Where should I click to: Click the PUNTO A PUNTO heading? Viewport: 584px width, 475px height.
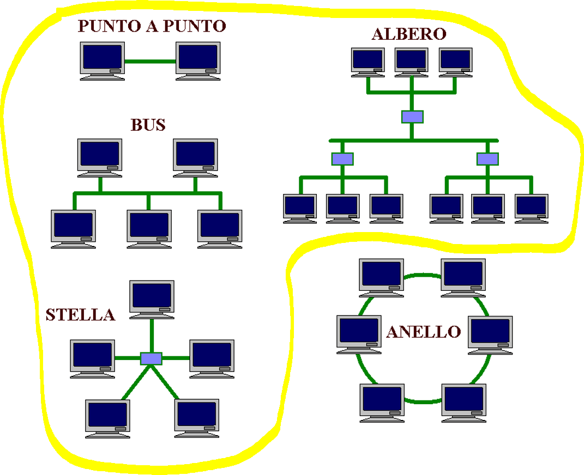151,26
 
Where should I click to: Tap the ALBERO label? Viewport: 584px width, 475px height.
408,34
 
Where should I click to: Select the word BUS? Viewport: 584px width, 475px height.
148,125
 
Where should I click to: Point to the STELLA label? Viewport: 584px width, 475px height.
80,315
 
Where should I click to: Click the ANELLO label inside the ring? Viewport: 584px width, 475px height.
423,331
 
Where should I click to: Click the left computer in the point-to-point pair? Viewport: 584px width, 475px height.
102,60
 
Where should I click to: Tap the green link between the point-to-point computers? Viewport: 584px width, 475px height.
150,62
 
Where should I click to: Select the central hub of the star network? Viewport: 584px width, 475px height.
151,358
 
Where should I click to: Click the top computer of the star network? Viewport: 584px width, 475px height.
152,299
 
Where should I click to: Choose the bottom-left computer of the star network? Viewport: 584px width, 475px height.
108,417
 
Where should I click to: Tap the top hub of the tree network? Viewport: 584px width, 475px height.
412,117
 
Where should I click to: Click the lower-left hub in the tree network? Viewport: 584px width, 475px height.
342,159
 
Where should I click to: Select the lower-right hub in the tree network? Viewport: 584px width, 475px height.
487,159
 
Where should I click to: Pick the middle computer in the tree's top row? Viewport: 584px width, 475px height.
411,62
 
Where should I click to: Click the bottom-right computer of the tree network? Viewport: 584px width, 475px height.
531,208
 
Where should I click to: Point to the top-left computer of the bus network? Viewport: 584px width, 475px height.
99,157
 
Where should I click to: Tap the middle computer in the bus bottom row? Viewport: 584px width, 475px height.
149,228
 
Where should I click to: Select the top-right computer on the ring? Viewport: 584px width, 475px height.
463,277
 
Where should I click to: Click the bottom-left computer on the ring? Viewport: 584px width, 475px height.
382,402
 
